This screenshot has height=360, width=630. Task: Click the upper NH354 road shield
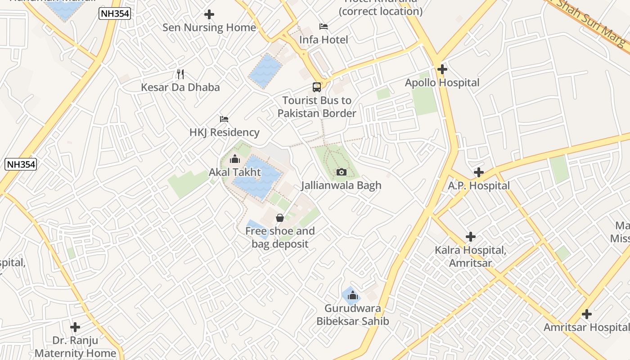115,14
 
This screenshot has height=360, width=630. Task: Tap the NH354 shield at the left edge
20,164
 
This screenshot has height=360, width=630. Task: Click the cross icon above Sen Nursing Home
209,14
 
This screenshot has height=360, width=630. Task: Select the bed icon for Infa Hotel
324,27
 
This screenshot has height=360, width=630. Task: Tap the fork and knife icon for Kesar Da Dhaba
180,74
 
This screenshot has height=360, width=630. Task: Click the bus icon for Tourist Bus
317,87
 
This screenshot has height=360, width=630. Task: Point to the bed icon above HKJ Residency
224,119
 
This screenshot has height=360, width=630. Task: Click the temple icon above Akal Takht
234,159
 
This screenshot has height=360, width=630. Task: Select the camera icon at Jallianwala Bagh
341,172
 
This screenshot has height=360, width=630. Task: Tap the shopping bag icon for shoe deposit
280,218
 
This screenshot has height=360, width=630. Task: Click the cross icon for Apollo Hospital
442,69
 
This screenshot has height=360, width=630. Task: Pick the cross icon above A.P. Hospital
479,172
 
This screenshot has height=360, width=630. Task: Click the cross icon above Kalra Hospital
471,237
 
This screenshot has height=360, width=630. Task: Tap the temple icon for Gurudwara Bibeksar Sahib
352,295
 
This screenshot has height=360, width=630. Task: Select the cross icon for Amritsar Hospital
586,314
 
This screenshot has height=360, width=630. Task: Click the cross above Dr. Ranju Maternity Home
75,327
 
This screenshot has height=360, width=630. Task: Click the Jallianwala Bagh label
341,185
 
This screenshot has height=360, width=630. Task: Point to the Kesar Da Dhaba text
180,87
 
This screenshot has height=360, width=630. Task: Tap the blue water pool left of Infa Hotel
265,71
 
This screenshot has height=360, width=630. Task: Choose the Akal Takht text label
234,172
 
